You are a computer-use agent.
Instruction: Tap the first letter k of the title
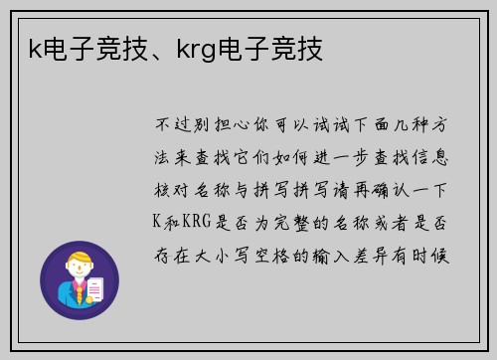[34, 48]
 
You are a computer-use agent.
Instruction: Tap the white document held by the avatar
[96, 287]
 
